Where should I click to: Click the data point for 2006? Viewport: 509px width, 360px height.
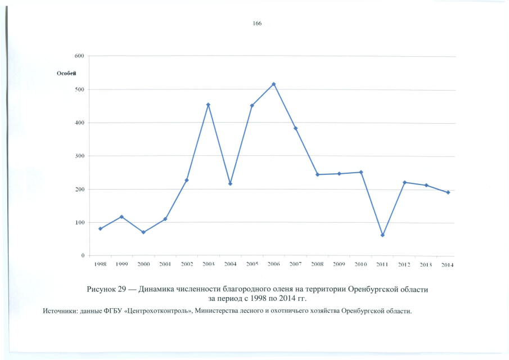point(273,84)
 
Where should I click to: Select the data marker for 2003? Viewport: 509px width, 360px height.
point(208,105)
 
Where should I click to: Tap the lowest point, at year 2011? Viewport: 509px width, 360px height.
point(382,235)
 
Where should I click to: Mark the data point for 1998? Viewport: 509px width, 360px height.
point(100,228)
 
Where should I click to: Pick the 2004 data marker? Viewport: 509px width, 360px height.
point(230,184)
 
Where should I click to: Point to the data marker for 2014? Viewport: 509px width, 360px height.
point(448,192)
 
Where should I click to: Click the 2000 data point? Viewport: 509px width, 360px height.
point(143,232)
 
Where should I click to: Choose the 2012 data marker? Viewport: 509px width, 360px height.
point(404,182)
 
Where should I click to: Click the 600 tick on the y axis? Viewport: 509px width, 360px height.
point(79,56)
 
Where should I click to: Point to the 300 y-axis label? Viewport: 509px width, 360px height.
point(79,156)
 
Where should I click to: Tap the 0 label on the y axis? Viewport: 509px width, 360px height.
point(82,255)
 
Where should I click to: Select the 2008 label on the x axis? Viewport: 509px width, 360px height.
point(317,264)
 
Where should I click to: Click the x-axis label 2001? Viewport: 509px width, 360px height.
point(165,264)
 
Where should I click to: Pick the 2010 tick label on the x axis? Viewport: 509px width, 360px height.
point(361,264)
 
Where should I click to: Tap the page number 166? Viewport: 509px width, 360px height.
point(257,24)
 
